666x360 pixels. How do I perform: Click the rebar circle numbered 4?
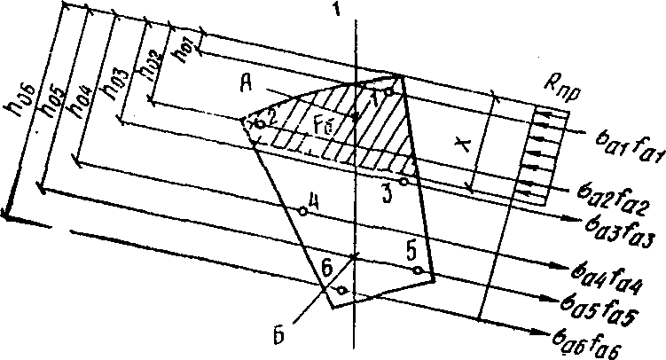point(303,211)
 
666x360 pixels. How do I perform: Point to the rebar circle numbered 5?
point(415,270)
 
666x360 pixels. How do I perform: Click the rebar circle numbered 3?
point(404,182)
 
